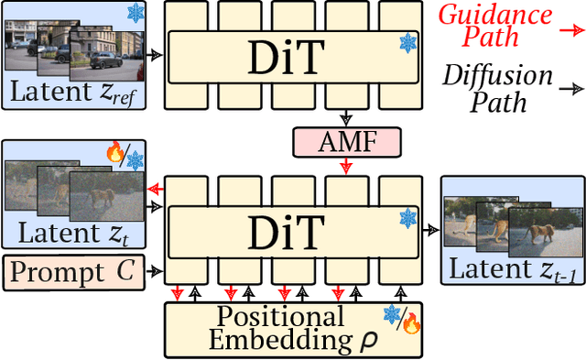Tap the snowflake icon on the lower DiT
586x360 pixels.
tap(407, 217)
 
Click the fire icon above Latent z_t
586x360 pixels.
tap(115, 152)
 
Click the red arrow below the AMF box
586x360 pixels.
tap(345, 167)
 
